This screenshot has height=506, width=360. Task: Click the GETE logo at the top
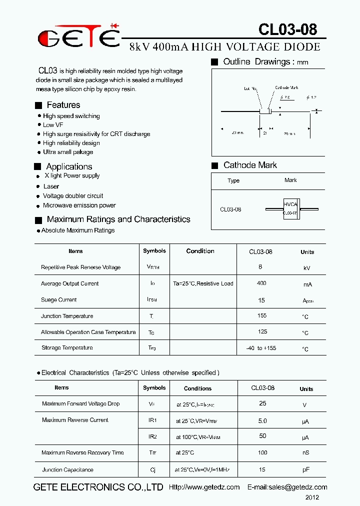coord(79,36)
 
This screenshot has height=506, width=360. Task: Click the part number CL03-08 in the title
coord(287,29)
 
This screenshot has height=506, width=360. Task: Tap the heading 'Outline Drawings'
coord(258,62)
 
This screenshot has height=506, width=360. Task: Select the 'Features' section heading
coord(63,105)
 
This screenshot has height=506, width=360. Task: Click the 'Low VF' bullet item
coord(53,125)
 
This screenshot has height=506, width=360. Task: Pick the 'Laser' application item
coord(51,186)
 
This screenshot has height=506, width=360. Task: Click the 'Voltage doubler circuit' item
coord(73,196)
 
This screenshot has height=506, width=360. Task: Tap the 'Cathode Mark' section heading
coord(250,165)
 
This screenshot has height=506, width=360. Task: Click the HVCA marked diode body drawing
coord(290,208)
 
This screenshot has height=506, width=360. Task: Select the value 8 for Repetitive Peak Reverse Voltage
coord(260,267)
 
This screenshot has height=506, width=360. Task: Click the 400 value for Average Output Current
coord(261,283)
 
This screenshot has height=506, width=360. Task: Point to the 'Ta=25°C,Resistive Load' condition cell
coord(203,283)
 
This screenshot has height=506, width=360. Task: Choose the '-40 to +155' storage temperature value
coord(261,348)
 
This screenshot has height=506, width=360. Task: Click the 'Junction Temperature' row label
coord(67,316)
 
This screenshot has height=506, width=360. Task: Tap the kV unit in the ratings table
coord(307,268)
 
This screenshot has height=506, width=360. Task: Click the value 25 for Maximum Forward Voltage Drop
coord(262,403)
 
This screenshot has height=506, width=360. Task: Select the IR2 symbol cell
coord(153,436)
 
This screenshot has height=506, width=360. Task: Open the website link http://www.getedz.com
coord(204,487)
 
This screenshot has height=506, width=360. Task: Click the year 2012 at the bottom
coord(312,497)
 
